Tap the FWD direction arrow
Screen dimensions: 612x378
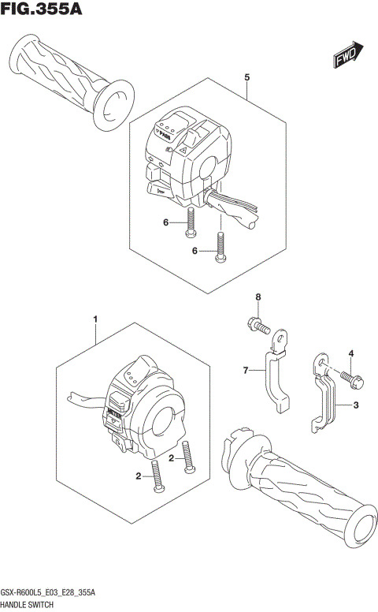[347, 54]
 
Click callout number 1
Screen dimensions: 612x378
[95, 319]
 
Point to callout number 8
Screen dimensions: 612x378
[257, 297]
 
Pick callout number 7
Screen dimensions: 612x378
[245, 369]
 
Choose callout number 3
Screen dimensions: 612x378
[356, 406]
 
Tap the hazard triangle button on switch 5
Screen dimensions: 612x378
[180, 148]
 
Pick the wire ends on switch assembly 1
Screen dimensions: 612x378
[82, 399]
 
